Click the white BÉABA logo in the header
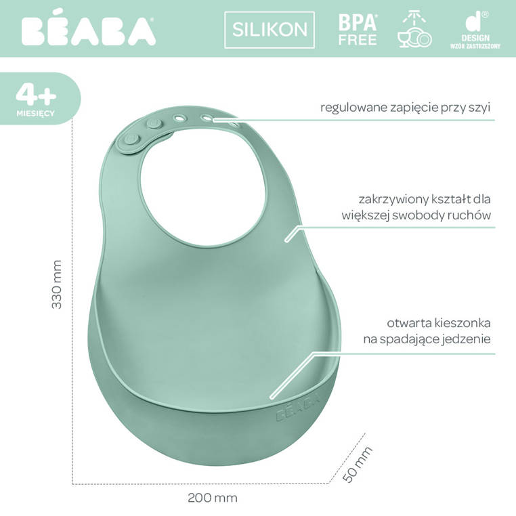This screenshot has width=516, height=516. tap(87, 30)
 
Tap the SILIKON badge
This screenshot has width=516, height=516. tap(270, 30)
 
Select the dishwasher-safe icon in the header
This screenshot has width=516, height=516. tap(414, 29)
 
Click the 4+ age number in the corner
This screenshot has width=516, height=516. tap(35, 92)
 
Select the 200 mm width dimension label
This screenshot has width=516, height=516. tap(212, 498)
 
